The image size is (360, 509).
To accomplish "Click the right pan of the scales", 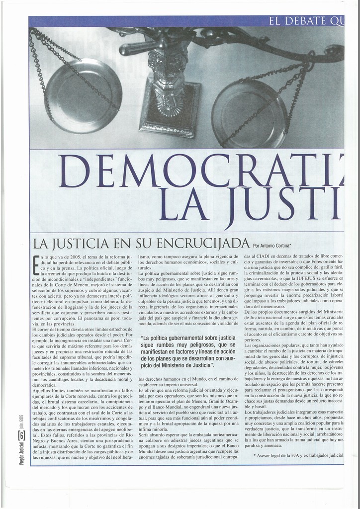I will pos(249,114).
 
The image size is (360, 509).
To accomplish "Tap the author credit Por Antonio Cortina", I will pos(272,245).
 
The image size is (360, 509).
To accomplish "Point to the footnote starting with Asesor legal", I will pos(298,455).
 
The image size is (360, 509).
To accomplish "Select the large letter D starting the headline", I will pos(75,170).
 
